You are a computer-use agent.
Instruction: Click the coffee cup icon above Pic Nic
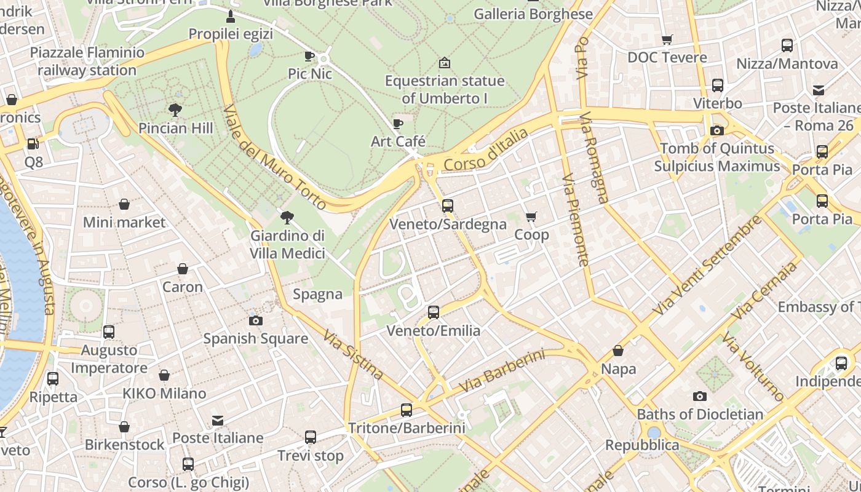coord(309,56)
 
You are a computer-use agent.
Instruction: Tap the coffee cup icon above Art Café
coord(398,124)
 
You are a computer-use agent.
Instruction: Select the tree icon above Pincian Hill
coord(175,110)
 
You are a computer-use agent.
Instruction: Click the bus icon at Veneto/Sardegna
coord(448,206)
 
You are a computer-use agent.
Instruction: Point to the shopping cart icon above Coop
coord(531,216)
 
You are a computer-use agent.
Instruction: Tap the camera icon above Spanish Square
coord(256,320)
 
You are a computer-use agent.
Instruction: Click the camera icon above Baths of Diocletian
coord(699,396)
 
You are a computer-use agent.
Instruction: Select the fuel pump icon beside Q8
coord(33,144)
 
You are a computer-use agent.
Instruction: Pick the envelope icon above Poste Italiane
coord(218,421)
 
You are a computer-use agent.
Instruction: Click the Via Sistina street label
coord(353,355)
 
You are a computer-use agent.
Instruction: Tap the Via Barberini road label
coord(502,371)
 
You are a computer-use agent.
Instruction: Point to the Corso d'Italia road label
coord(486,149)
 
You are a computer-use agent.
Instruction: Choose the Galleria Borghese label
coord(533,14)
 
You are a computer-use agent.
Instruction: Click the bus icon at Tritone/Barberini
coord(406,410)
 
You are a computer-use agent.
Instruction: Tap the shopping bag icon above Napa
coord(618,351)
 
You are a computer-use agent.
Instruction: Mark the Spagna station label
coord(317,294)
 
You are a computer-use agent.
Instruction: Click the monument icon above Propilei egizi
coord(231,16)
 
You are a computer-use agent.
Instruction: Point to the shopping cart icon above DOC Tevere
coord(667,40)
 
